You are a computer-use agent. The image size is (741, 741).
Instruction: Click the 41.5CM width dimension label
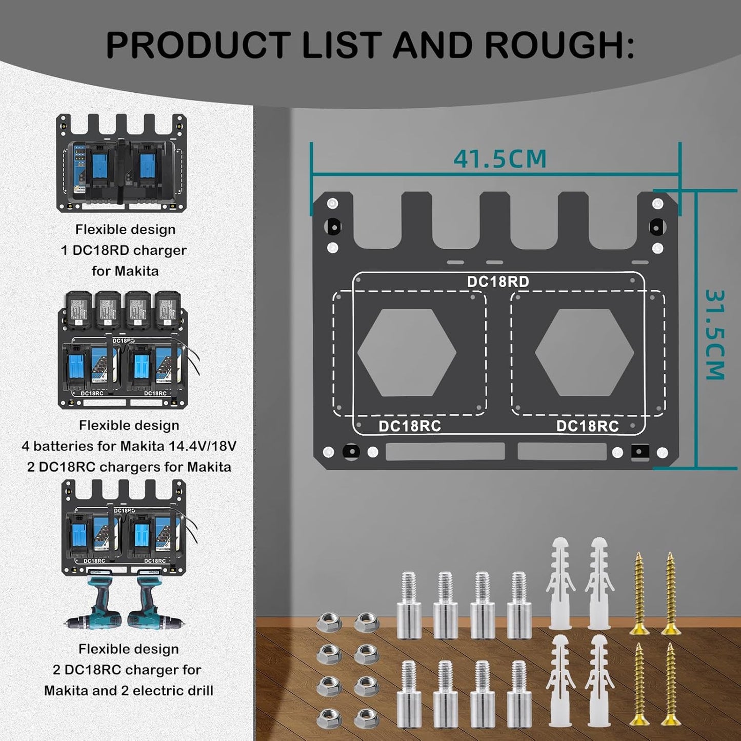point(500,158)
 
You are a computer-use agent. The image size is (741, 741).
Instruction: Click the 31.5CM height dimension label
point(714,334)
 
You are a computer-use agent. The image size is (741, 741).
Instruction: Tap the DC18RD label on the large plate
point(497,282)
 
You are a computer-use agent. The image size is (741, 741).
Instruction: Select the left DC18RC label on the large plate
point(409,426)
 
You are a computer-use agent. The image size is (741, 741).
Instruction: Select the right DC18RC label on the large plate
point(587,426)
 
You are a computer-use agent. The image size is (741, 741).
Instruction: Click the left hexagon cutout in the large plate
point(407,353)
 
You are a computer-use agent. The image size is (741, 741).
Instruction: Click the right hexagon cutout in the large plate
point(585,353)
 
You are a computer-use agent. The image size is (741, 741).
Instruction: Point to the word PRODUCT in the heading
point(198,45)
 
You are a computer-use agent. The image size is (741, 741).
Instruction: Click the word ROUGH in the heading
point(554,45)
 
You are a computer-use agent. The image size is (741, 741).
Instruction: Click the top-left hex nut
point(329,623)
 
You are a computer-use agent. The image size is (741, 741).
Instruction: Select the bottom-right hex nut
point(367,718)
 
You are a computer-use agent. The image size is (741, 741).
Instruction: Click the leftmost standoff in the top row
point(409,605)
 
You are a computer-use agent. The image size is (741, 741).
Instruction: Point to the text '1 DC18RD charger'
point(124,250)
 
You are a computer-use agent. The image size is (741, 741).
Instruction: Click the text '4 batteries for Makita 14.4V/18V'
point(129,446)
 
